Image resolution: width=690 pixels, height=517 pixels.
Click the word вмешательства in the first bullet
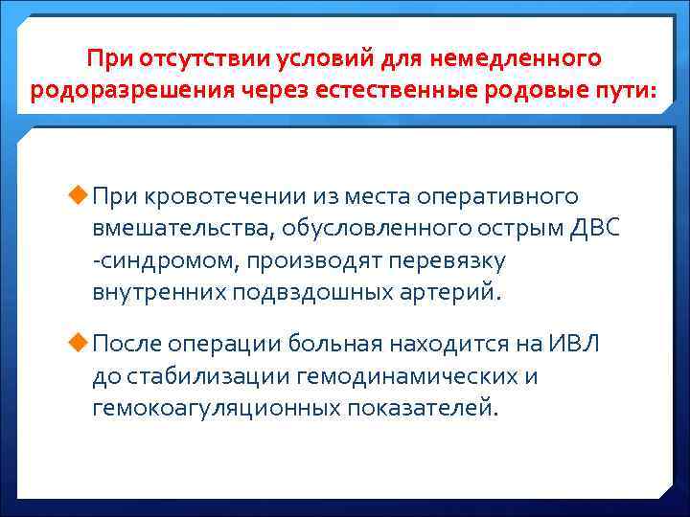click(182, 229)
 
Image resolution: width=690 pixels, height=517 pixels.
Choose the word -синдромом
click(149, 260)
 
